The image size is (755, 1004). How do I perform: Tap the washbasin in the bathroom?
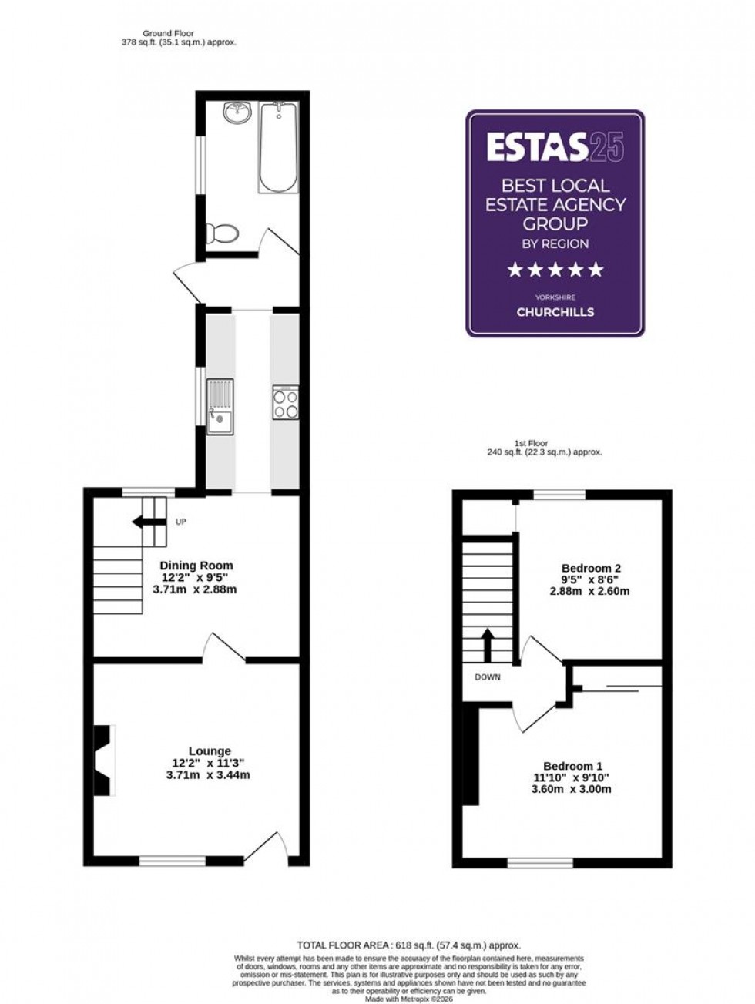pos(237,114)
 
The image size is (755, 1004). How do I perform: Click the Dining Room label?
pos(196,565)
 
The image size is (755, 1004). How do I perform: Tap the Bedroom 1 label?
pos(573,766)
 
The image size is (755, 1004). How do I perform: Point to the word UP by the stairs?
pos(182,522)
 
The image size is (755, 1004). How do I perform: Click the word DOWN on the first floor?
pos(487,678)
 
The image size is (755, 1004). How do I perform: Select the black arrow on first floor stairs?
pos(487,641)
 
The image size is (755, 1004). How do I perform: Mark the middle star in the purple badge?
pos(555,270)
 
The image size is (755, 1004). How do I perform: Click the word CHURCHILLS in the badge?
pos(555,312)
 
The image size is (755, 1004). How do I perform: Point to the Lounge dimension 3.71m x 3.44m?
pos(208,775)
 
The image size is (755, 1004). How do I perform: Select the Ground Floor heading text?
pos(168,33)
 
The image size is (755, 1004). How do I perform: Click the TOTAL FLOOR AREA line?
pos(409,945)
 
